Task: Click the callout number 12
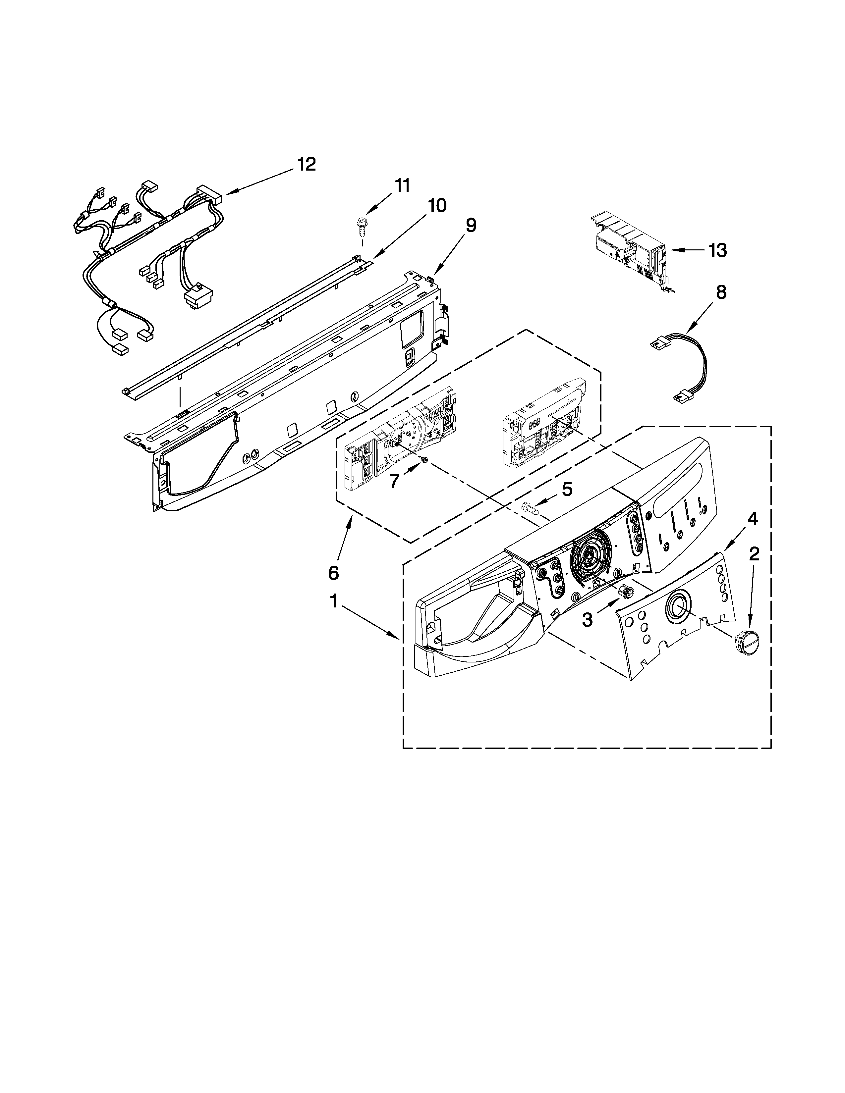coord(307,164)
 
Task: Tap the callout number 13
coord(717,250)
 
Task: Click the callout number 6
coord(333,573)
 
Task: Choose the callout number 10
coord(436,205)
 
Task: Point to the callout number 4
coord(752,519)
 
